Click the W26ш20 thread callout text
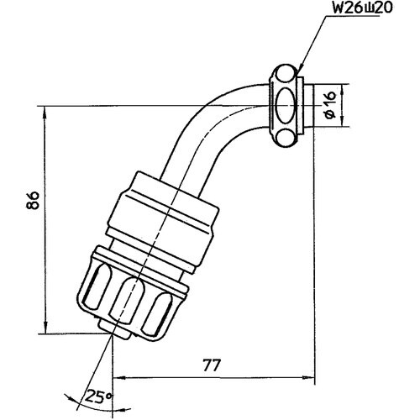362,9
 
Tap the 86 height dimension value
33,201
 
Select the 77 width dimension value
212,365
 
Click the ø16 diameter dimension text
330,105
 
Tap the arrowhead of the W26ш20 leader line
299,71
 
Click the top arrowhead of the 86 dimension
45,112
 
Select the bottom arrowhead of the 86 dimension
45,328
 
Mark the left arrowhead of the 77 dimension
118,377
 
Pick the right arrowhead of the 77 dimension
308,377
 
